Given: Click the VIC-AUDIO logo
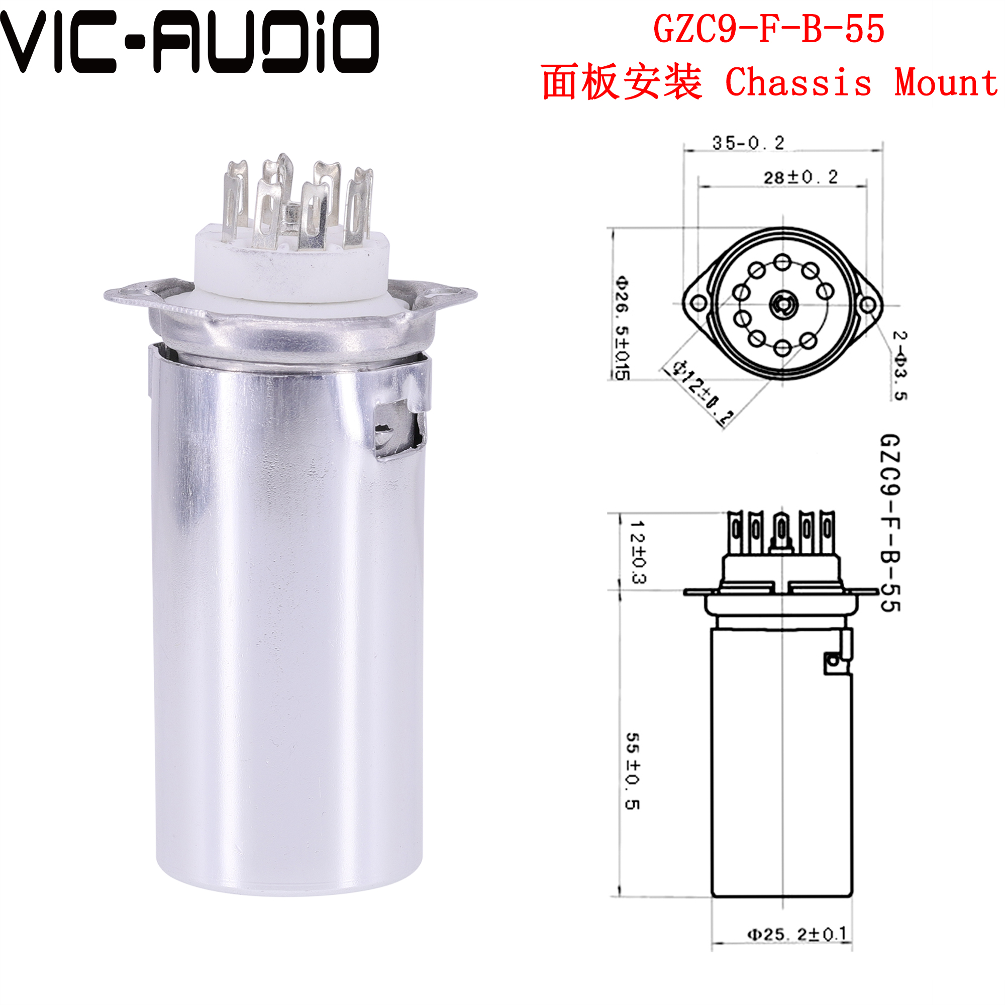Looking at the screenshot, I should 188,42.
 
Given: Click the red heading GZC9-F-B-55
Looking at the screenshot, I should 768,29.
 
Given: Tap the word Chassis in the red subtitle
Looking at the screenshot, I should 797,83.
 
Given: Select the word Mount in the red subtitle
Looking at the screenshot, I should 946,83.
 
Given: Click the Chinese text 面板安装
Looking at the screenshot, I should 621,83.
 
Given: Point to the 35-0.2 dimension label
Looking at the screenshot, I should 748,143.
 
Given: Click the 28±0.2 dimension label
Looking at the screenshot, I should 800,177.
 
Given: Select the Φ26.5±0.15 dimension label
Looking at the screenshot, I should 622,328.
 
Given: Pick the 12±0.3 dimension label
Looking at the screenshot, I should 638,551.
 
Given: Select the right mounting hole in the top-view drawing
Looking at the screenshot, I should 868,305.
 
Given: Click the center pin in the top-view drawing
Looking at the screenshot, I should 781,304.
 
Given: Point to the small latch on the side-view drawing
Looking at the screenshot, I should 832,661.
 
